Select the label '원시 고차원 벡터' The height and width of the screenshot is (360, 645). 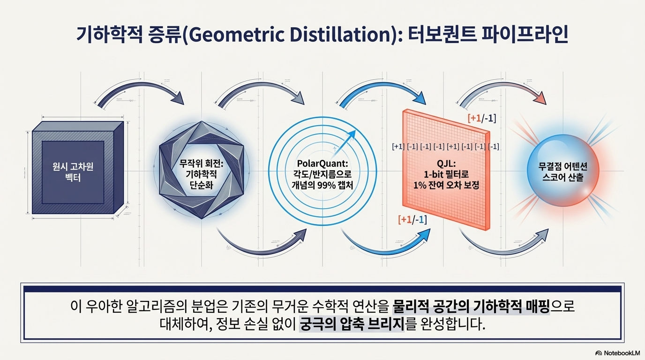click(x=73, y=172)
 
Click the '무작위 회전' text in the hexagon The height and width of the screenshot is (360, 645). click(x=202, y=165)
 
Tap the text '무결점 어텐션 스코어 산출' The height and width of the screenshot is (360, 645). click(x=563, y=172)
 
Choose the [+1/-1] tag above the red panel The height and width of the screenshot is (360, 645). click(x=482, y=118)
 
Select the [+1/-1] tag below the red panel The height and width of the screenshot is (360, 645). click(x=412, y=219)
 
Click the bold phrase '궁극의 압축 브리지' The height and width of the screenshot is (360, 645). click(x=351, y=324)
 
